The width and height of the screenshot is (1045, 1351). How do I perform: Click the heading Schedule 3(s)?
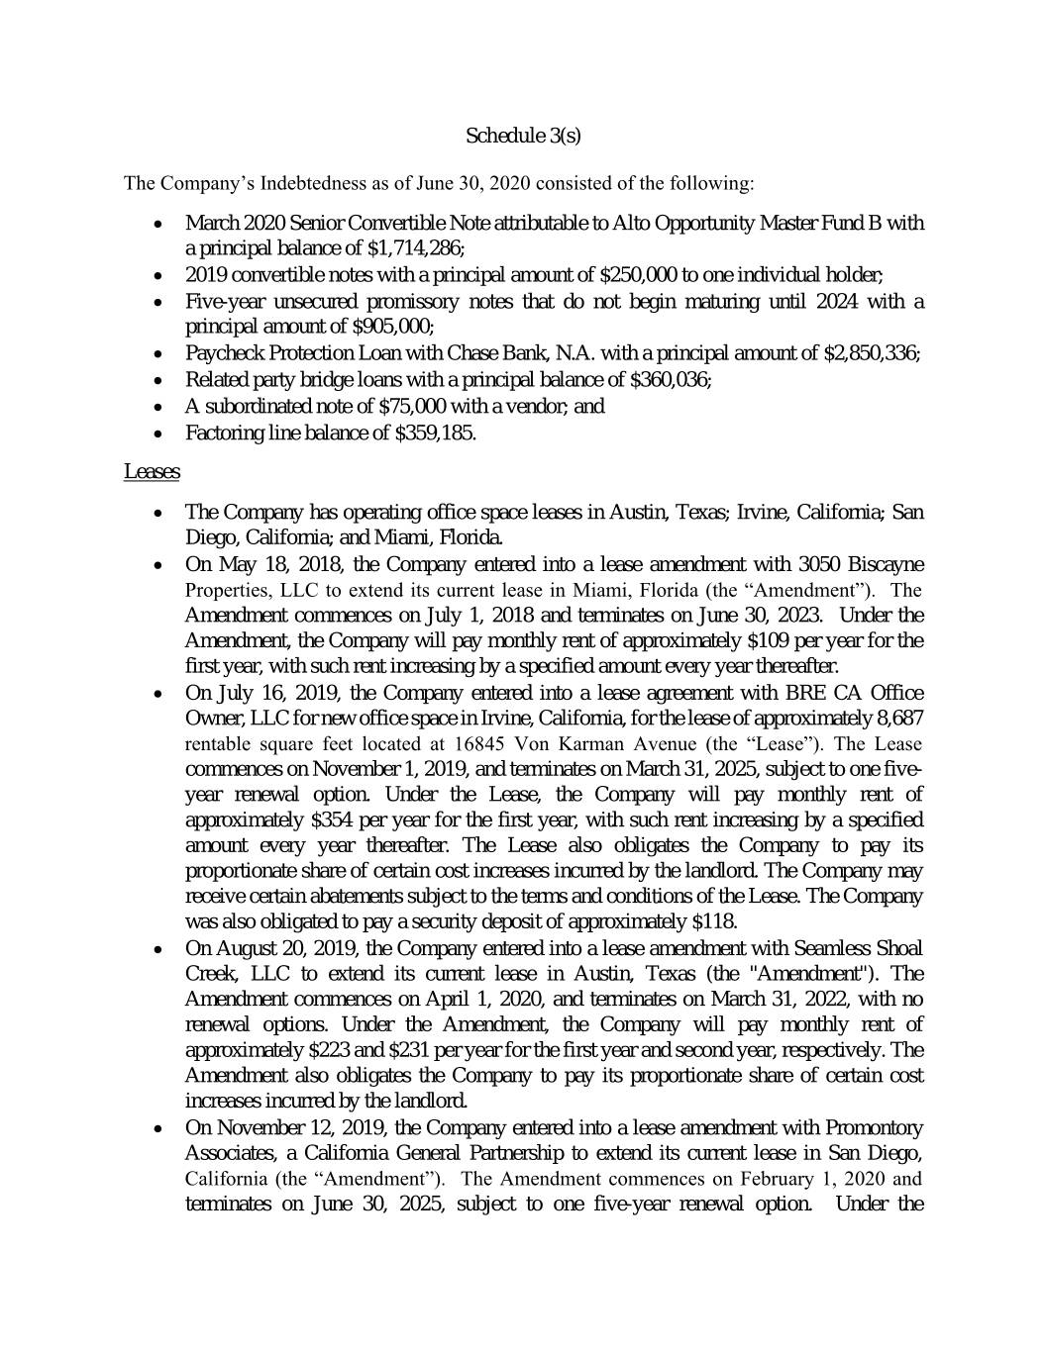[x=522, y=136]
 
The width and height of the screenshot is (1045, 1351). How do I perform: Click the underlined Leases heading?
[x=152, y=472]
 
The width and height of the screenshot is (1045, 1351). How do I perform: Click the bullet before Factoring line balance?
[x=159, y=434]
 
